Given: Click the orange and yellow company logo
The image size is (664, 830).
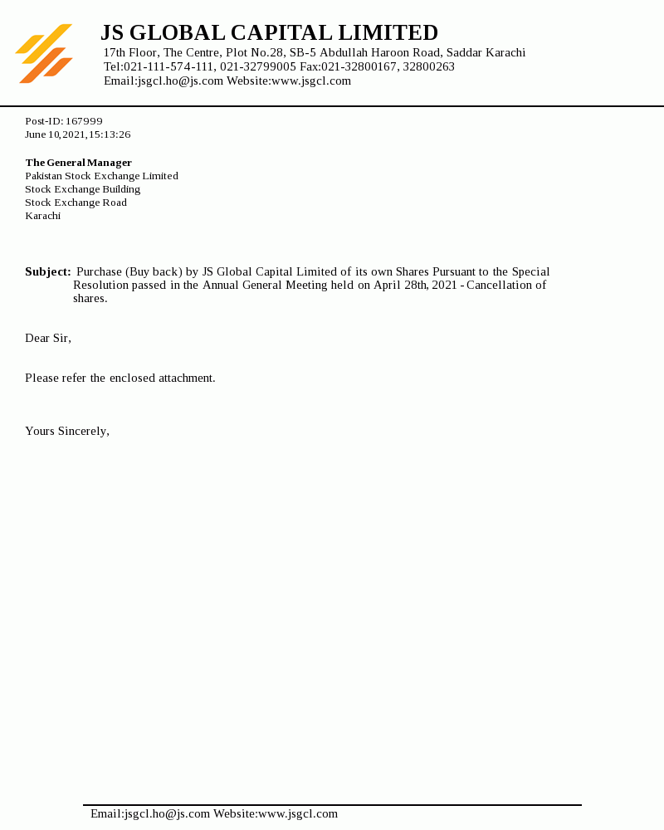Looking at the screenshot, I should pos(44,54).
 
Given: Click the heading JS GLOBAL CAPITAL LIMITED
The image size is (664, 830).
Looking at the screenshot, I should pos(269,33).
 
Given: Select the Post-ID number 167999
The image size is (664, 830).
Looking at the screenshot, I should pos(84,121).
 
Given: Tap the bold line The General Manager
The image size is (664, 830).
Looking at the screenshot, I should pos(78,163).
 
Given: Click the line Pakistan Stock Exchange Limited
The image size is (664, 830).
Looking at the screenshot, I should pos(101,176).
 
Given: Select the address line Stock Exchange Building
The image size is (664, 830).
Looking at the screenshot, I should pos(82,189).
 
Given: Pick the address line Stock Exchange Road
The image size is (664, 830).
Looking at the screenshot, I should pos(76,203).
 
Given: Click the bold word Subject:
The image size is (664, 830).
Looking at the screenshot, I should pos(47,271).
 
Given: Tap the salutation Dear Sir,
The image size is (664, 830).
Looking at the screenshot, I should pos(48,338).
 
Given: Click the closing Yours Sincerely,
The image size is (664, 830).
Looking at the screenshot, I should pos(67,431).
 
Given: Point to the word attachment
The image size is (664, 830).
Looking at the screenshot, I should pos(187,378).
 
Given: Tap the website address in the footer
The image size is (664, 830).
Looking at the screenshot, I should pos(298,813).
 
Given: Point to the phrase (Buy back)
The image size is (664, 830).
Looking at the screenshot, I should pos(154,271).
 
